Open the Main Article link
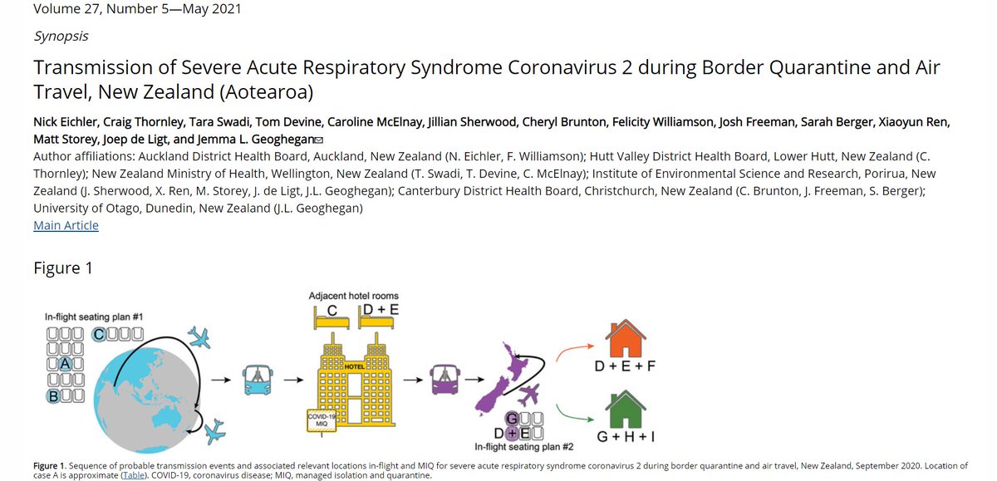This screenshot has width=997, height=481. click(66, 225)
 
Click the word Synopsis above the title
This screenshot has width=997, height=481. click(61, 37)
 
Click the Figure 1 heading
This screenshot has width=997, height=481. click(63, 267)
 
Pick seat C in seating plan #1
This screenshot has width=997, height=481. click(99, 335)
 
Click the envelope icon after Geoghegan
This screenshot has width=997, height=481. click(319, 140)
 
